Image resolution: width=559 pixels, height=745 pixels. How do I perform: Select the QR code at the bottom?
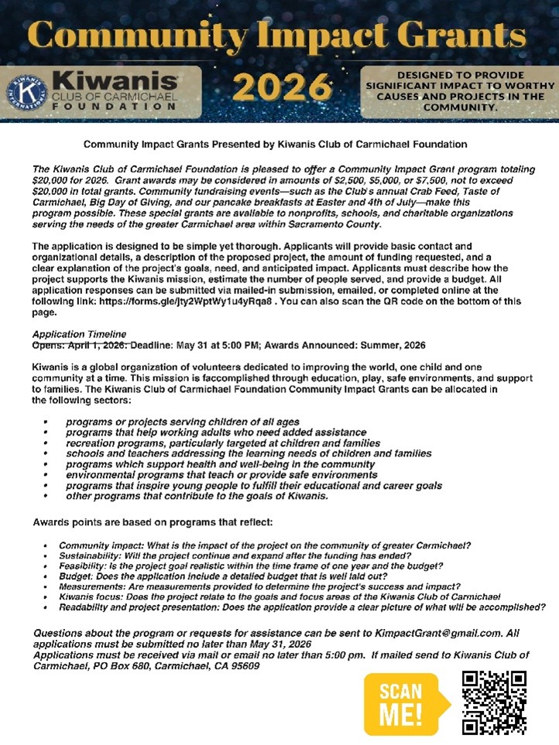(x=494, y=702)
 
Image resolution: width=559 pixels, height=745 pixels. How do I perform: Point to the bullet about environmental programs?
(x=221, y=474)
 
